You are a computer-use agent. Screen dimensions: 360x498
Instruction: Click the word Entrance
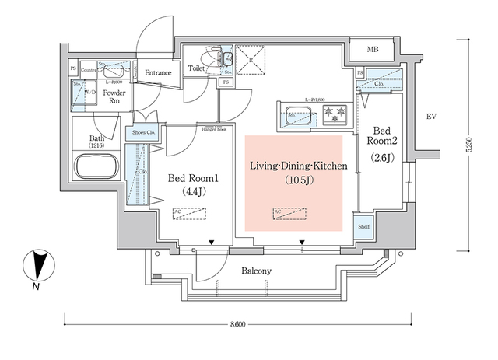pos(157,73)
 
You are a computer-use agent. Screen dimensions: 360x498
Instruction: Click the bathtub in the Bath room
pos(96,167)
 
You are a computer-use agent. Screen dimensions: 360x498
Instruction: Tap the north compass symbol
pos(37,267)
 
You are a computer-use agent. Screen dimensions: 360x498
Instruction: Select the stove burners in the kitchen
pos(336,117)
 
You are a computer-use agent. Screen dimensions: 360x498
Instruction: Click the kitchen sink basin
pos(299,117)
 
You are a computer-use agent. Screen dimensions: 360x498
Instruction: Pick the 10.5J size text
pos(296,181)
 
